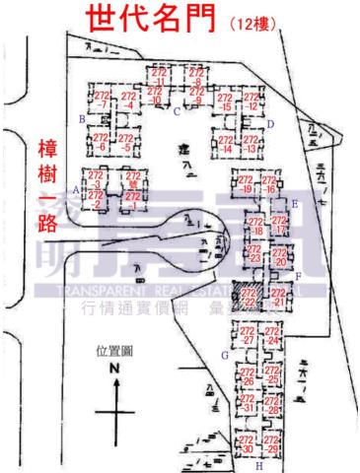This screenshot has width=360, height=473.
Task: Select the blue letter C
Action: click(176, 112)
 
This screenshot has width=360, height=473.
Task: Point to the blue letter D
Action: click(269, 124)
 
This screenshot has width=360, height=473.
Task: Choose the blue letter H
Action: click(258, 465)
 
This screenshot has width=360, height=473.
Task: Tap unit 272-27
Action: click(249, 335)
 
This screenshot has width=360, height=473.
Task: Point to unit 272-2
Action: click(96, 200)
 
